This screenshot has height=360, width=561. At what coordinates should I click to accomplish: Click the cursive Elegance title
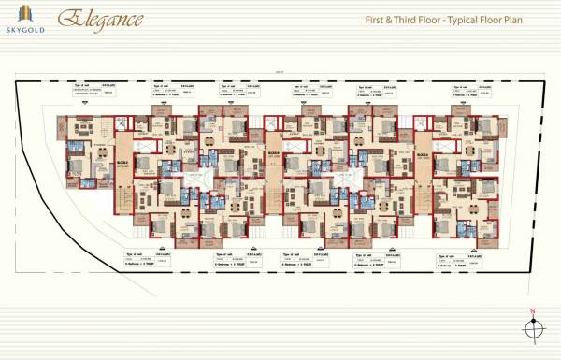pyautogui.click(x=100, y=18)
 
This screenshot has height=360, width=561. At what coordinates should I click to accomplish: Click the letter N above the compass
pyautogui.click(x=532, y=310)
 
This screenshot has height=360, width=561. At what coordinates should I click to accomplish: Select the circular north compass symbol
pyautogui.click(x=533, y=328)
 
